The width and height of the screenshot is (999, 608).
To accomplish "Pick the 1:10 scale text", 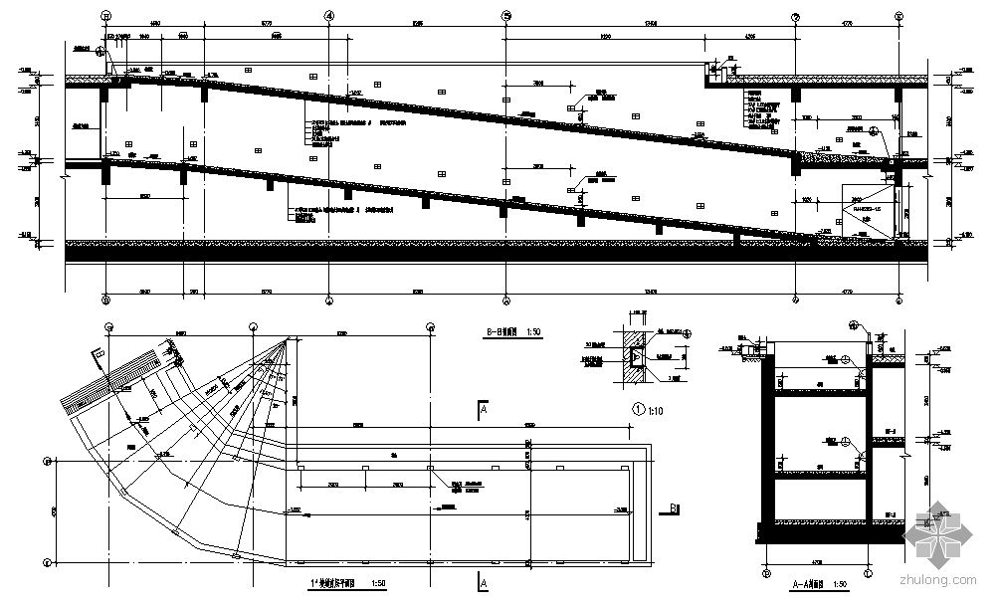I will pos(658,406).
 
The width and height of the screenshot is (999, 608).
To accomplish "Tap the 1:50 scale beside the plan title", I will pos(377,583).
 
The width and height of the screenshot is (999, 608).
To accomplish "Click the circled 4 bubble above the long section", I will pos(330,16).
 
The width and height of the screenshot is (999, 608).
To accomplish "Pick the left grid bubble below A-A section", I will pos(768,574).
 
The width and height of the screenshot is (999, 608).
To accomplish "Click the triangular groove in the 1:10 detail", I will pos(633,352).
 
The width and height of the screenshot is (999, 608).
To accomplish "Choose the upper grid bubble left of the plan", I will pos(47,462).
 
